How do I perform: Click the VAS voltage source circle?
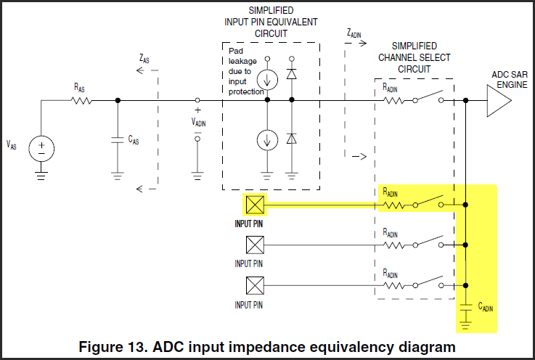pos(41,148)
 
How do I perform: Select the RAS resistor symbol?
pos(81,101)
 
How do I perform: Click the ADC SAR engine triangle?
pos(498,101)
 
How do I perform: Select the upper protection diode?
pos(292,74)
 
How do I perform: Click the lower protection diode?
pos(292,138)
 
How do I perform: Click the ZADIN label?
pos(355,33)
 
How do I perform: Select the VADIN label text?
pos(198,122)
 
